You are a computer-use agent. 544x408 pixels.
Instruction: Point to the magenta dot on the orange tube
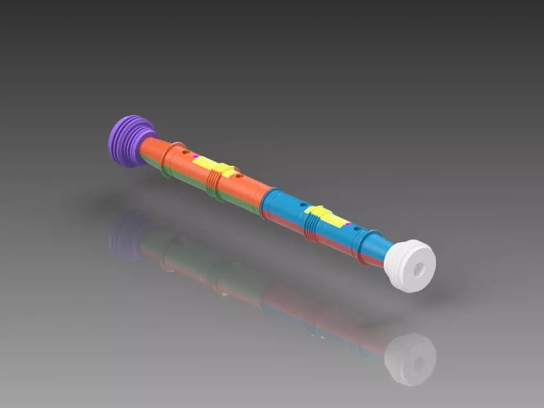point(195,156)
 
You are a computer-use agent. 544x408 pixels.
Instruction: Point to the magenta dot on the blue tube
point(347,225)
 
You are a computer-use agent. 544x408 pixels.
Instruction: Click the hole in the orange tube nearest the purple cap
point(185,152)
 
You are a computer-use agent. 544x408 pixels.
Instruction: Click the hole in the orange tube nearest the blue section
point(239,175)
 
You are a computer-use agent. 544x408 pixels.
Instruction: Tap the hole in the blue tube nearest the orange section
point(302,204)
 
